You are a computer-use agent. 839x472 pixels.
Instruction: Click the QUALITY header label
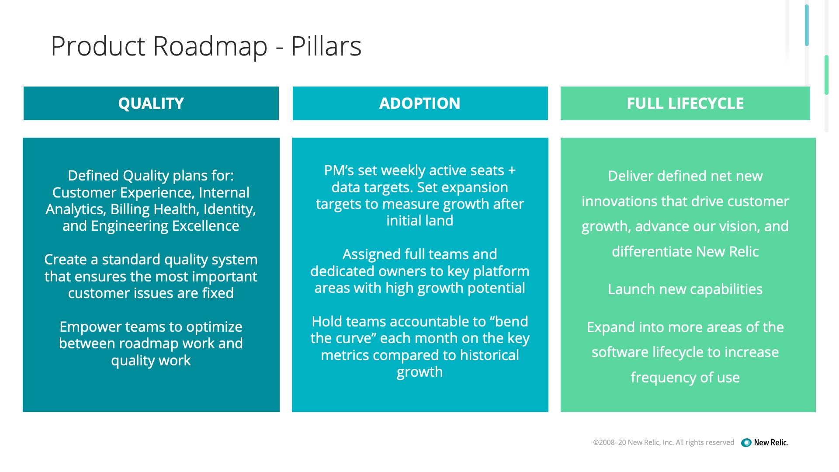pyautogui.click(x=151, y=104)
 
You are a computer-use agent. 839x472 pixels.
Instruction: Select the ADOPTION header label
pyautogui.click(x=419, y=104)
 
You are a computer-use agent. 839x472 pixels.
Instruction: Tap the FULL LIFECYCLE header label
pyautogui.click(x=685, y=104)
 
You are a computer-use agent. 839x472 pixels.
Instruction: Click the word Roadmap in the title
pyautogui.click(x=210, y=46)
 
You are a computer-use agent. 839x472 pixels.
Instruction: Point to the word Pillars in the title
pyautogui.click(x=326, y=46)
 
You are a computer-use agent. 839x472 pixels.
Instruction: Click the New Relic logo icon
pyautogui.click(x=746, y=443)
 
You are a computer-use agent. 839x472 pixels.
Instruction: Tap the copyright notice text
pyautogui.click(x=663, y=443)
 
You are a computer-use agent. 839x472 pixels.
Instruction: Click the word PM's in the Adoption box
pyautogui.click(x=339, y=170)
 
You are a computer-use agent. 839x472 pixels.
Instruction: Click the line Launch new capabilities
pyautogui.click(x=685, y=289)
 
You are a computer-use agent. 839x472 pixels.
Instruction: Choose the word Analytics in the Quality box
pyautogui.click(x=75, y=209)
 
